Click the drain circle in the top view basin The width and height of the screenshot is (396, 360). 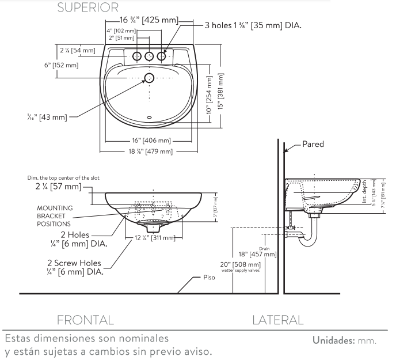point(149,77)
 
